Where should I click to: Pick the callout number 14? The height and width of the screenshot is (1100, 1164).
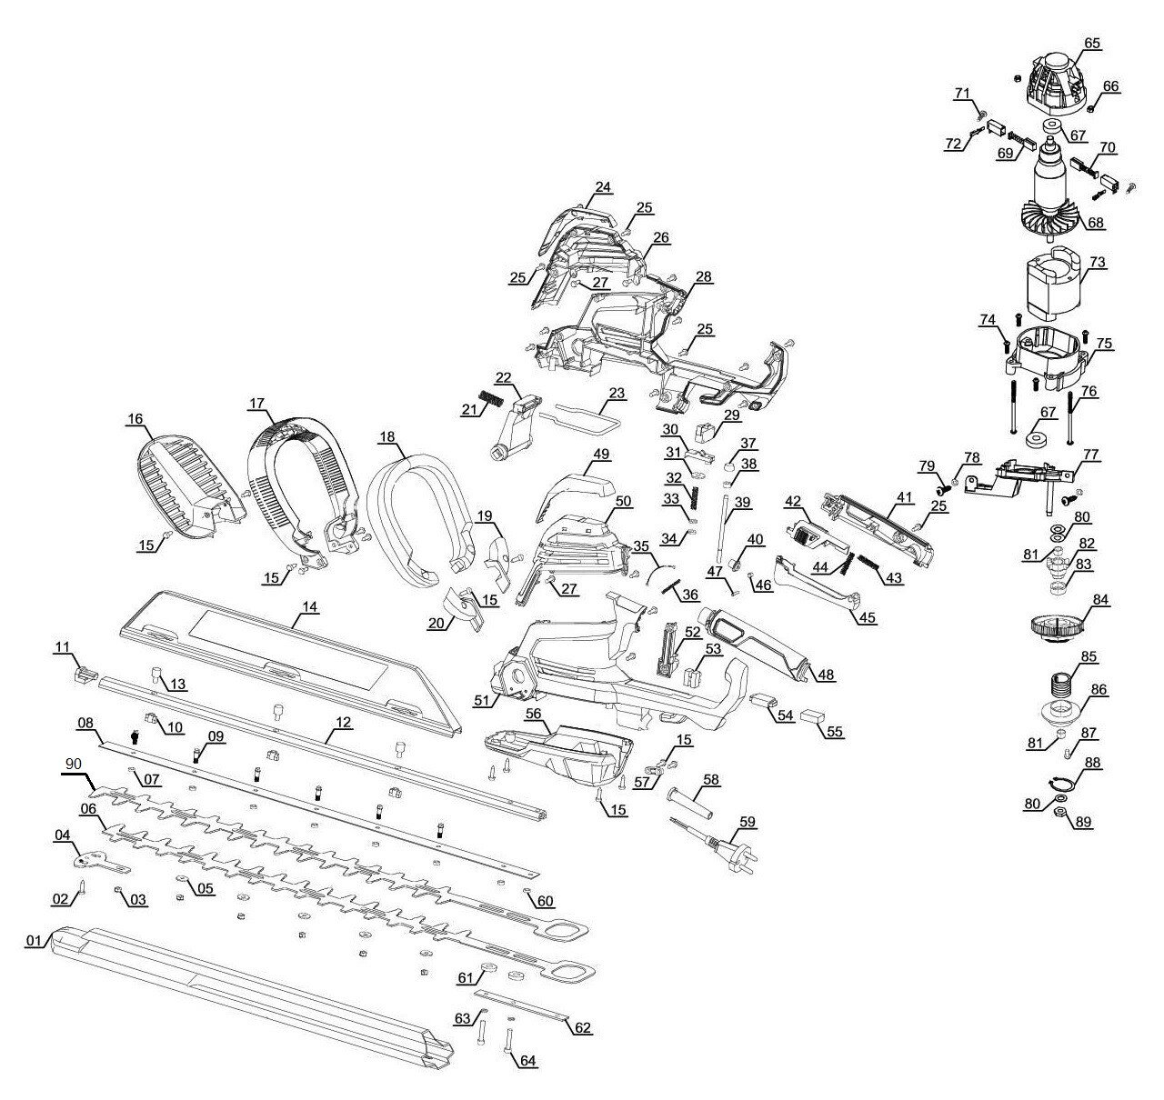(x=310, y=606)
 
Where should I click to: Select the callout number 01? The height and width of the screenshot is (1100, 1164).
(x=35, y=940)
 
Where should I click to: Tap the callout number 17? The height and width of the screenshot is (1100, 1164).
(x=256, y=403)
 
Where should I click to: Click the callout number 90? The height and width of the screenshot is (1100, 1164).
(x=73, y=764)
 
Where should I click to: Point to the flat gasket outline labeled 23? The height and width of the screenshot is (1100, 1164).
(x=580, y=418)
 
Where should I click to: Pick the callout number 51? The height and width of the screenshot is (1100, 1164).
(x=482, y=700)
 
